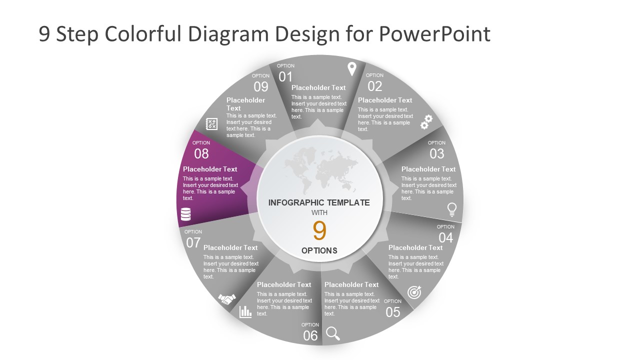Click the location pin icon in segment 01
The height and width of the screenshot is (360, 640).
(352, 69)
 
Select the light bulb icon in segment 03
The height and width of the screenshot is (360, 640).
(451, 209)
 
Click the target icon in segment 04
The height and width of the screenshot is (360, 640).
(414, 292)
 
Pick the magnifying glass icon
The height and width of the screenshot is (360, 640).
(332, 333)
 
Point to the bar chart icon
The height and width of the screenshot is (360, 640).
(245, 311)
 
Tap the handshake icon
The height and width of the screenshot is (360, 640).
(227, 299)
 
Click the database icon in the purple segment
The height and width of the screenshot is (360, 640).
(185, 214)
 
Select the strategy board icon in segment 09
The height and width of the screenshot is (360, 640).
(212, 124)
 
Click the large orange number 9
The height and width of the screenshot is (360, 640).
(319, 231)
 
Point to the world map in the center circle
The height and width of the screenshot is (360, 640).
(319, 167)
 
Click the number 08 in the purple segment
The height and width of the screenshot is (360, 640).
(201, 153)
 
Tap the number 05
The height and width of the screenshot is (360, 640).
(393, 312)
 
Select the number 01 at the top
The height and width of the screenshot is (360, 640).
(285, 76)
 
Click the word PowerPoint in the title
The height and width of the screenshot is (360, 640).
(434, 34)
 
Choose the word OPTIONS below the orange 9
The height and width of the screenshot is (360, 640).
(319, 250)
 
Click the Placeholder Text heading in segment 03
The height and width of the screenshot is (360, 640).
(428, 169)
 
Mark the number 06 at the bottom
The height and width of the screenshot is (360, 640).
(310, 336)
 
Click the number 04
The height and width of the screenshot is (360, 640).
(445, 237)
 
